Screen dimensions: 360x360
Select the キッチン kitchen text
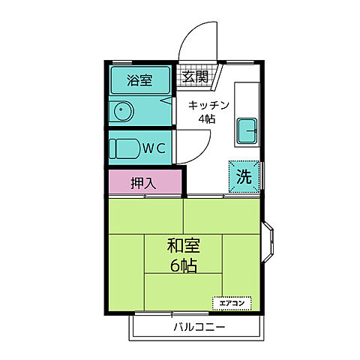[207, 106]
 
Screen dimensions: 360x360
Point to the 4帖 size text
[207, 119]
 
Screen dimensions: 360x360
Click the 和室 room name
[184, 244]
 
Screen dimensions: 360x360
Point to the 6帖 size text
[182, 265]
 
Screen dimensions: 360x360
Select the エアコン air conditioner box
[232, 302]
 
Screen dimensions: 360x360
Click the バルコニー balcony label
[199, 327]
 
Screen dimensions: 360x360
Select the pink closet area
[144, 183]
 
